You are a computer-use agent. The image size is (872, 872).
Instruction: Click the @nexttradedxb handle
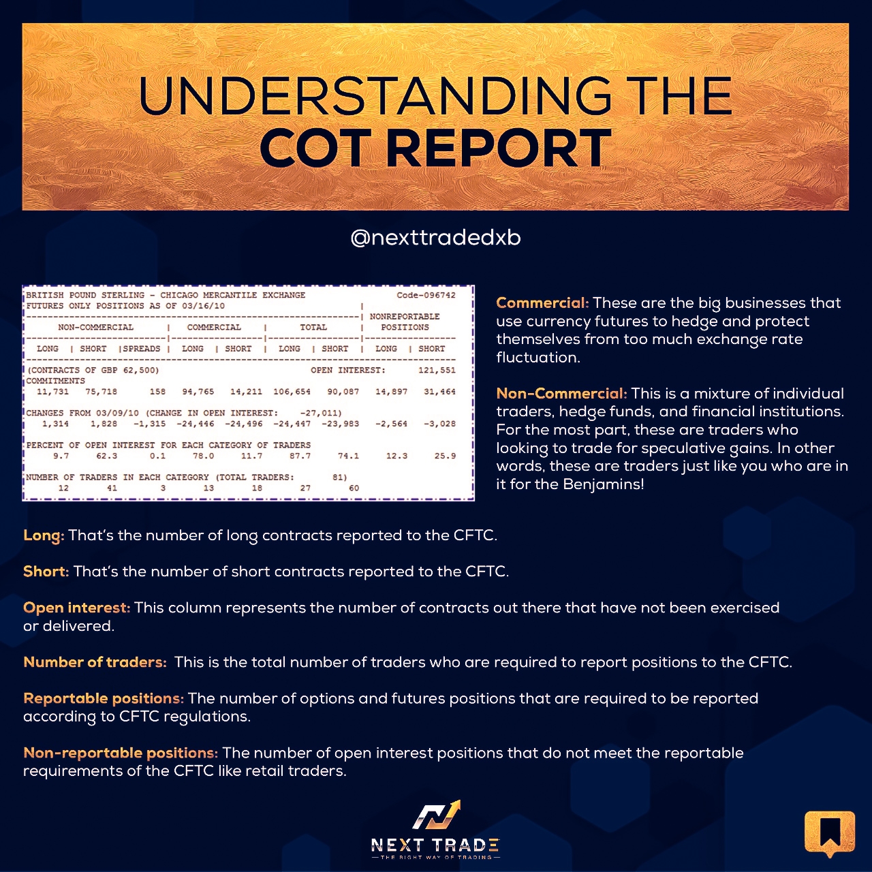coord(435,238)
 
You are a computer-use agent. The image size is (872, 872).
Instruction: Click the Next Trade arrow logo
coord(436,814)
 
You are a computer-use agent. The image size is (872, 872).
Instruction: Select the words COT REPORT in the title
coord(435,148)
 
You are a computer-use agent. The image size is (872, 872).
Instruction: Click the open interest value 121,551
coord(437,370)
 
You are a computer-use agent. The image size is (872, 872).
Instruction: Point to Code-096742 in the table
coord(426,295)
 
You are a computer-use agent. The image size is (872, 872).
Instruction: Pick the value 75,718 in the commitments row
coord(102,392)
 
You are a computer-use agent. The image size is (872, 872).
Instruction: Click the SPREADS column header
coord(142,348)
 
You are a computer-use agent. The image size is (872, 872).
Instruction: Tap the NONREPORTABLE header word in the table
coord(405,316)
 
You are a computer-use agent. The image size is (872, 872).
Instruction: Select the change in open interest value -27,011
coord(320,413)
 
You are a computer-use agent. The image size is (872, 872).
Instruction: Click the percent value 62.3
coord(107,456)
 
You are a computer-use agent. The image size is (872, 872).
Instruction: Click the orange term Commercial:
coord(542,302)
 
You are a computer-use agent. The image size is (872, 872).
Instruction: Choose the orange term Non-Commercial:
coord(561,393)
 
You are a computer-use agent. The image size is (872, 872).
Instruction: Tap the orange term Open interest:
coord(77,607)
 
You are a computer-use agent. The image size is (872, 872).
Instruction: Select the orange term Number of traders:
coord(95,662)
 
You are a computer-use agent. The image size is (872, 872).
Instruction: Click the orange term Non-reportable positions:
coord(121,753)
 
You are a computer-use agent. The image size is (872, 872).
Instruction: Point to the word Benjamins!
coord(603,484)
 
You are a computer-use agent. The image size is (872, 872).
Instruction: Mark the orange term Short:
coord(46,571)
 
